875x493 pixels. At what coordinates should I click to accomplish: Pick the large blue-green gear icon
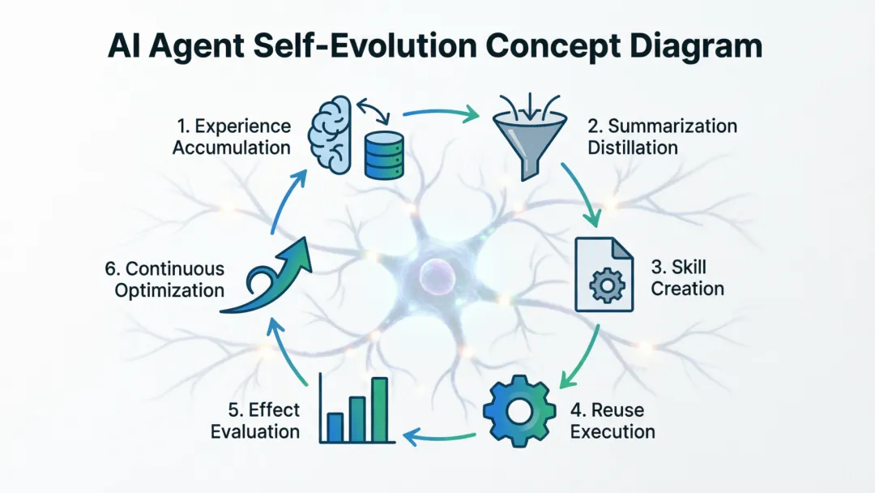519,410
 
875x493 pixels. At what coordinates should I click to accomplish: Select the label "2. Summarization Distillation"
662,137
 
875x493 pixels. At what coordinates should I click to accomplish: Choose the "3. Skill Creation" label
687,277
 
